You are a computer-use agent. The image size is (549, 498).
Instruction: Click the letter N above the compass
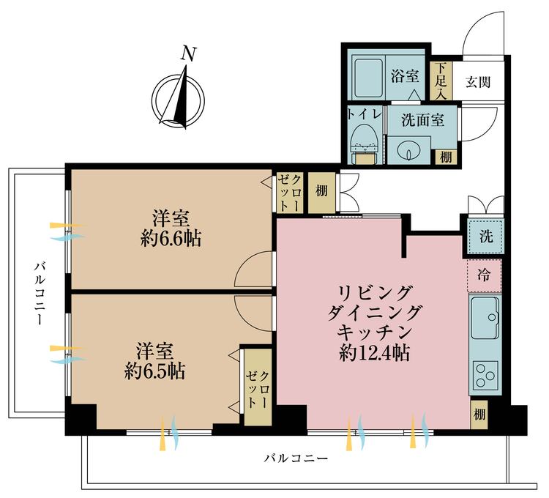(188, 54)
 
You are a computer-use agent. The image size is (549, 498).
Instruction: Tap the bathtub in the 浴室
(369, 78)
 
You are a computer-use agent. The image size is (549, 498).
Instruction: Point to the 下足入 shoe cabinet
(441, 81)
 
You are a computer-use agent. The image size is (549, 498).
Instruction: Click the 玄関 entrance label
(477, 82)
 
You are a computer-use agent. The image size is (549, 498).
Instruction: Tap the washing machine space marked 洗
(485, 237)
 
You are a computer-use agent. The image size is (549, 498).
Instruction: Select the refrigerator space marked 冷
(485, 275)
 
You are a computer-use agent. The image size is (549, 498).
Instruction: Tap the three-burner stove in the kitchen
(485, 374)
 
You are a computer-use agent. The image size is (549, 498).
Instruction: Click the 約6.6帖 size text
(171, 240)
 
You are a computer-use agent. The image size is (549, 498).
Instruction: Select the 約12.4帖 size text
(374, 353)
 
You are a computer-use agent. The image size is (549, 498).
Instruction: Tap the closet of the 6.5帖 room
(258, 387)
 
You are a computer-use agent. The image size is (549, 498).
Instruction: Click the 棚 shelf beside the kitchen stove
(479, 415)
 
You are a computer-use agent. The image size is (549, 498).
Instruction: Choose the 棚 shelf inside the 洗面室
(446, 157)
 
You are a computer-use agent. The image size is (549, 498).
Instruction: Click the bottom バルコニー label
(296, 458)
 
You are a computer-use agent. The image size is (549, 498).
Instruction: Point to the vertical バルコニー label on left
(39, 294)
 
